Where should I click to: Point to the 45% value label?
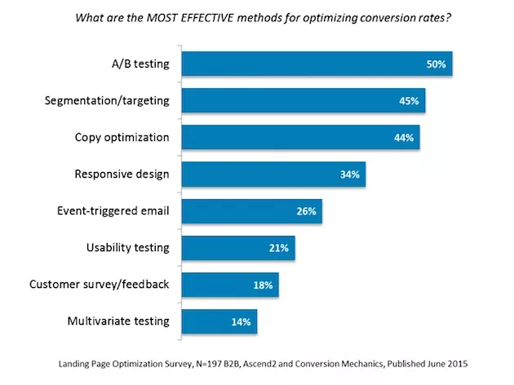click(409, 101)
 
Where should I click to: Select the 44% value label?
click(404, 138)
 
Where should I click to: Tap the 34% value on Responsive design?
click(349, 175)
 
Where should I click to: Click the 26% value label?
click(306, 211)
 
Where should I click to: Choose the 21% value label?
click(278, 248)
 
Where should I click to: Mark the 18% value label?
click(263, 285)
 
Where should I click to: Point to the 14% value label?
click(241, 321)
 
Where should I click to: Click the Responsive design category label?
click(122, 174)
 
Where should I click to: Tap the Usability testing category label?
click(127, 247)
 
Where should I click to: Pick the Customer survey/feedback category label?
click(100, 284)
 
